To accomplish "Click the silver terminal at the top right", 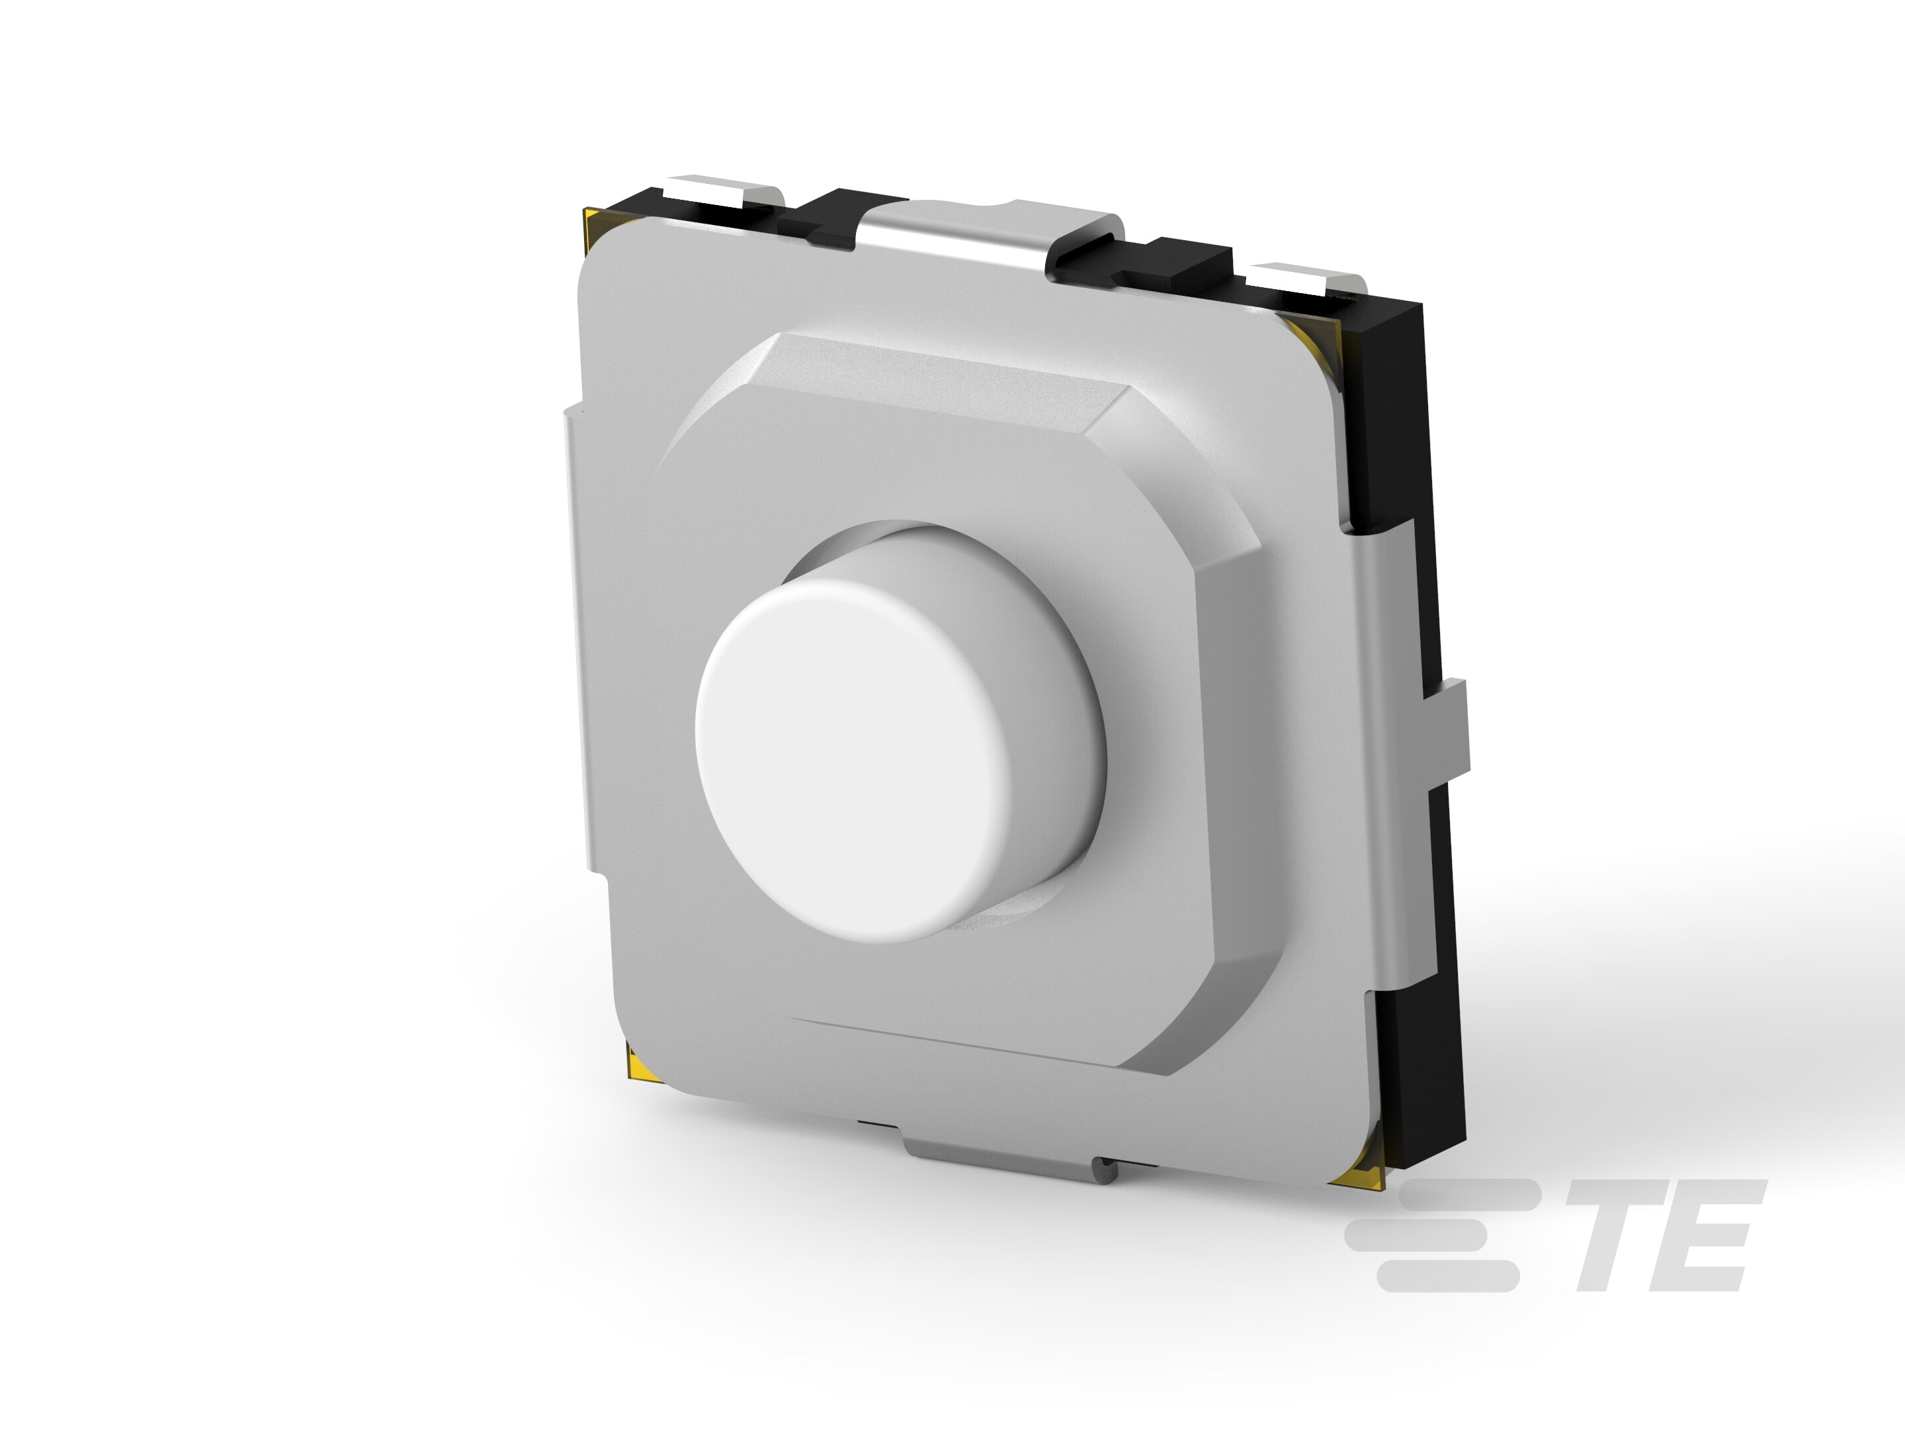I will [1300, 280].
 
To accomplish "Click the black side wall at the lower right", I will [1421, 1076].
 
